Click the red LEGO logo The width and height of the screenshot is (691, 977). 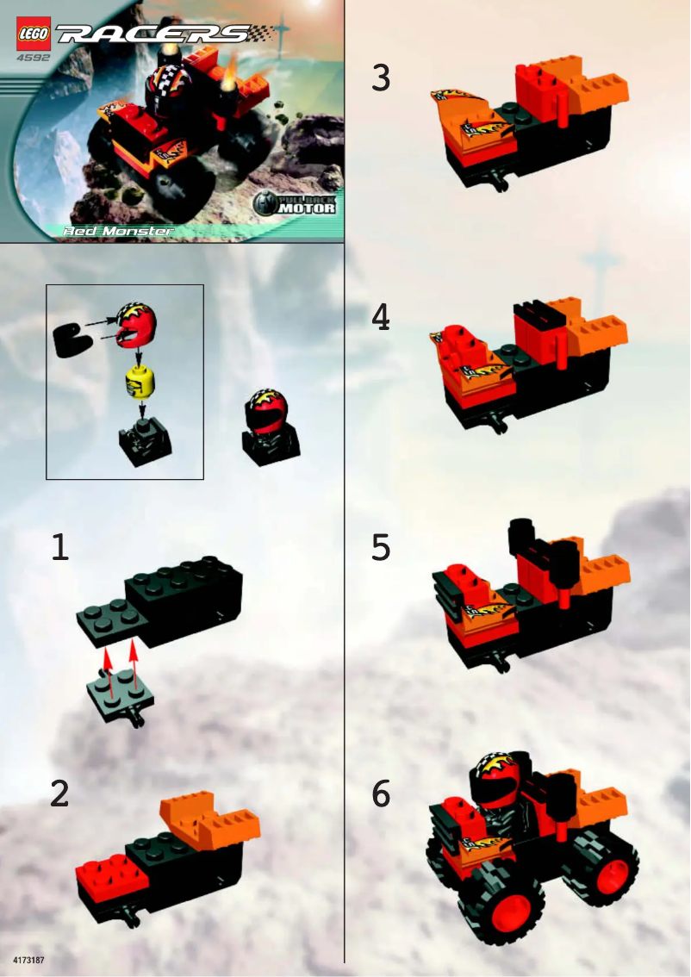[33, 34]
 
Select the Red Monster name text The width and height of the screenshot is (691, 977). [119, 231]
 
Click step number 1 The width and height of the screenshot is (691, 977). [59, 548]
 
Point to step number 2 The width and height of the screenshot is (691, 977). [59, 793]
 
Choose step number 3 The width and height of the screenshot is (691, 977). [381, 78]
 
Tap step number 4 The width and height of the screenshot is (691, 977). [381, 319]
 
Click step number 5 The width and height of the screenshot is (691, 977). [381, 549]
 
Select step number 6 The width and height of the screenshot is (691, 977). [381, 793]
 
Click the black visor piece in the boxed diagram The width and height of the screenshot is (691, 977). [72, 340]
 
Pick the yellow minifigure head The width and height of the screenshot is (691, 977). [140, 380]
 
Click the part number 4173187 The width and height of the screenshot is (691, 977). [28, 959]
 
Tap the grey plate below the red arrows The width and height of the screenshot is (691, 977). [121, 694]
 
